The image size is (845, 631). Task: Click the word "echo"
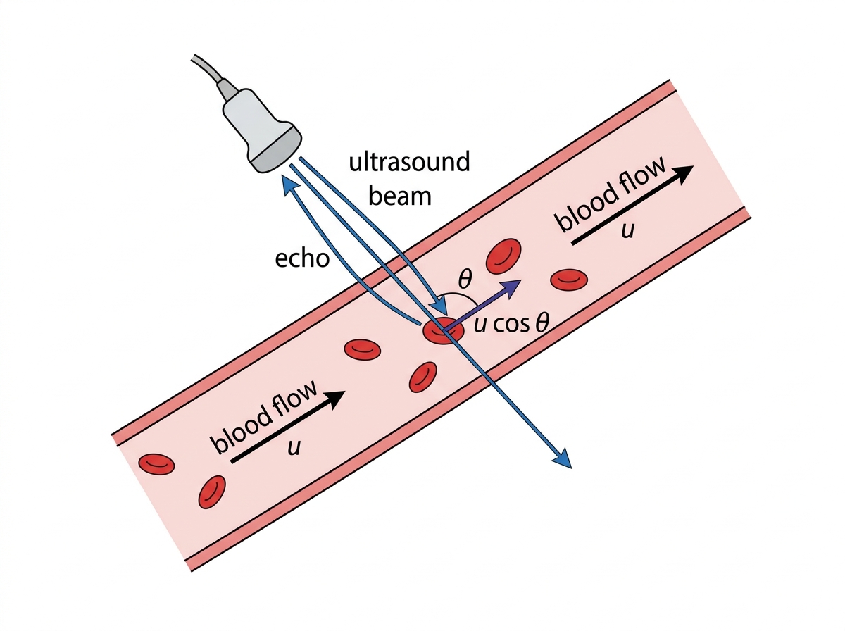click(x=302, y=258)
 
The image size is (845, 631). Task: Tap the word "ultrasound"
click(x=409, y=161)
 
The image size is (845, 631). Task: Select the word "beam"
click(x=399, y=195)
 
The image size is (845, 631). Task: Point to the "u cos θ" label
click(x=511, y=324)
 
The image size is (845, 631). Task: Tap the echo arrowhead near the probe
click(x=290, y=184)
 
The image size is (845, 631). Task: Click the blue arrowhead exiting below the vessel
click(x=562, y=458)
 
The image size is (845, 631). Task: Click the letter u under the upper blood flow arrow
click(x=628, y=230)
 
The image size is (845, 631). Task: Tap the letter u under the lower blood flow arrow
click(x=294, y=449)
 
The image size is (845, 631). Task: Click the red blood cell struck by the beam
click(x=443, y=330)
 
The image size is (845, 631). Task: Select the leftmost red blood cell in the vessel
click(x=157, y=464)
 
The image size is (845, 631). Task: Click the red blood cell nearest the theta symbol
click(x=503, y=256)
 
